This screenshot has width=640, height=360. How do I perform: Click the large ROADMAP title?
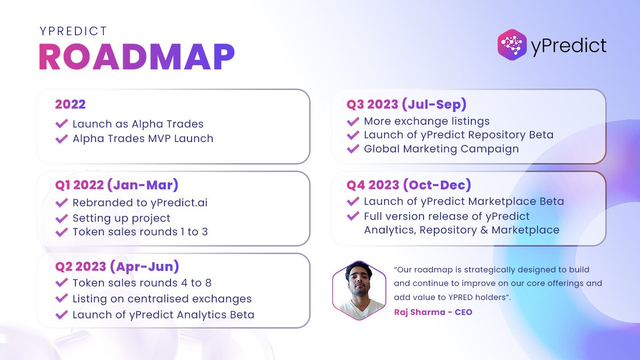[137, 57]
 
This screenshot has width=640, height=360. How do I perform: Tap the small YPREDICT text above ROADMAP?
[74, 31]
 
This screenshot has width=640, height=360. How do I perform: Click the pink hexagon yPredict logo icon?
[512, 45]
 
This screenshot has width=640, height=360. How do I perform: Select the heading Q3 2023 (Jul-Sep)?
[406, 104]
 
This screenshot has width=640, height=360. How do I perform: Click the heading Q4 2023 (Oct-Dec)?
[409, 185]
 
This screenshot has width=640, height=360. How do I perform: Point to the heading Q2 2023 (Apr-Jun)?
[117, 267]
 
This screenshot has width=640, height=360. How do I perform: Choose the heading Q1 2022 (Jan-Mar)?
[117, 185]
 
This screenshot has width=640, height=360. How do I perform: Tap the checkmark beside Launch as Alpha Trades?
[61, 124]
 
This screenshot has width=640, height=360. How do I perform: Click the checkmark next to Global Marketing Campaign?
[353, 149]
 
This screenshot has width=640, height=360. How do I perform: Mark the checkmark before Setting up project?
[61, 218]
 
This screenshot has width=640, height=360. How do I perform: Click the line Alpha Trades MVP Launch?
[143, 139]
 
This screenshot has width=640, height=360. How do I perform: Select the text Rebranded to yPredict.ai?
[140, 202]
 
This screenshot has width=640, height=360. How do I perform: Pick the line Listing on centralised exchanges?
[162, 299]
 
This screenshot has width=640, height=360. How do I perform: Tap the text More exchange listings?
[427, 121]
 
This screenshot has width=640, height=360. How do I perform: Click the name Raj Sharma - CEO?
[433, 312]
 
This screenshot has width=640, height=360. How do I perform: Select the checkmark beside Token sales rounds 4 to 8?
[61, 283]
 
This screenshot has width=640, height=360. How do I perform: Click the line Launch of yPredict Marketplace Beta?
[464, 202]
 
